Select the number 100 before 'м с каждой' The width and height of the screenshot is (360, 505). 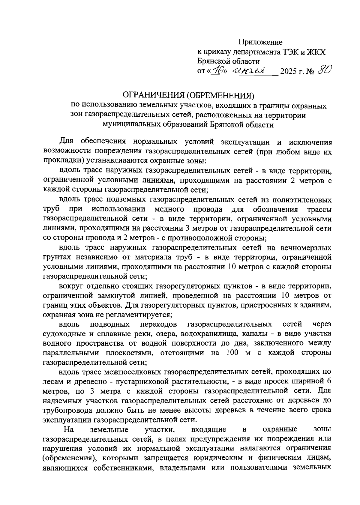(230, 353)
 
